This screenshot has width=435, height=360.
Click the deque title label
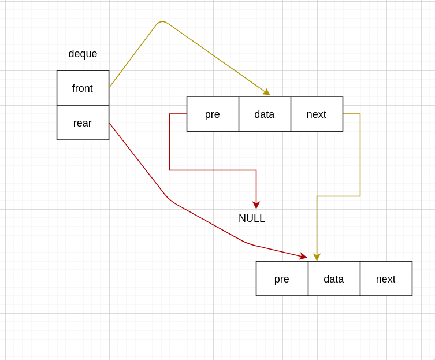(x=83, y=54)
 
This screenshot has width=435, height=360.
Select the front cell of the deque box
(x=83, y=88)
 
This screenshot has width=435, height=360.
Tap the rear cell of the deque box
(x=83, y=123)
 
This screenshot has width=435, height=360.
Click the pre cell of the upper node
(x=213, y=114)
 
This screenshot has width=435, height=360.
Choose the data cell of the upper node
(x=265, y=114)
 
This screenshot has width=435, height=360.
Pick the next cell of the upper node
(x=317, y=114)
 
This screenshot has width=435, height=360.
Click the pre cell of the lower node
(x=282, y=279)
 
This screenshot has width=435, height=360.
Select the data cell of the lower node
(x=334, y=279)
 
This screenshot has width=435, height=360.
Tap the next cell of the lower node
(x=386, y=279)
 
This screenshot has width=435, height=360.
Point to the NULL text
(x=252, y=218)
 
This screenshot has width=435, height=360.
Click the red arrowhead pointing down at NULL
(x=256, y=205)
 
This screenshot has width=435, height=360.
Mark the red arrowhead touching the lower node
(x=303, y=257)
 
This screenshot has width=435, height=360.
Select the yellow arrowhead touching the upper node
(x=266, y=92)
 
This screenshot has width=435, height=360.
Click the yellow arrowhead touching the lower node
(x=317, y=257)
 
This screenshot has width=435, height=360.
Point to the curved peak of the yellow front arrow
(x=162, y=22)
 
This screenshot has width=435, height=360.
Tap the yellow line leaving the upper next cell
(x=360, y=156)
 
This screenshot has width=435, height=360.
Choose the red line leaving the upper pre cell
(x=170, y=144)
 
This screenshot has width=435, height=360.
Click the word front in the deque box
(x=83, y=88)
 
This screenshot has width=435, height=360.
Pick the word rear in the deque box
(x=83, y=123)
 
